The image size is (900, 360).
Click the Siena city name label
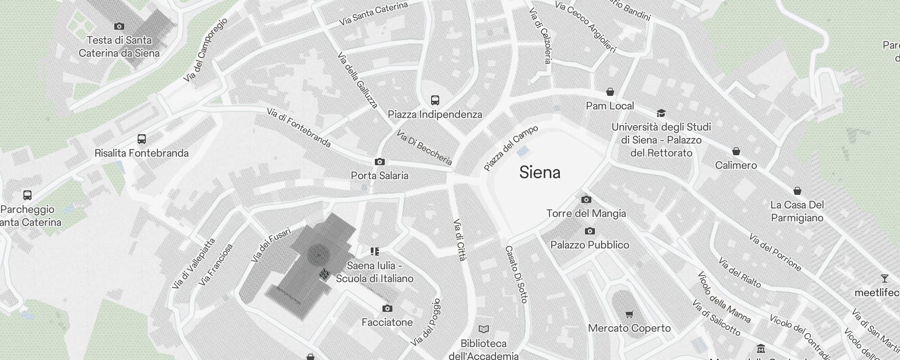540,172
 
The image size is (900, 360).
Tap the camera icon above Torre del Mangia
586,199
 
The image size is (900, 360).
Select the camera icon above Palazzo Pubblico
589,231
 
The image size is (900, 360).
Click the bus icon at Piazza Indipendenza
435,100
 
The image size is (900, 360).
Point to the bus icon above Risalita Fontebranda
141,139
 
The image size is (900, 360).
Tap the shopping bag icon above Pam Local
610,92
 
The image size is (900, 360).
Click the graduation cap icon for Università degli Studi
661,113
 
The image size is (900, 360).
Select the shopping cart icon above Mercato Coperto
629,315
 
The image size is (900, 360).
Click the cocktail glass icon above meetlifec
884,279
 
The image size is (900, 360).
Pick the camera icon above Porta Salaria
379,162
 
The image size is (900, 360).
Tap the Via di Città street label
459,240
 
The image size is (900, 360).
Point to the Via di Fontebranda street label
299,127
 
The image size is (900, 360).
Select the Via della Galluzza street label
357,81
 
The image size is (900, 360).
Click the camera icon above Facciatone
387,308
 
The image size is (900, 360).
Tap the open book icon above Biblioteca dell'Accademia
483,329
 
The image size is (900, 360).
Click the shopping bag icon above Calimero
736,151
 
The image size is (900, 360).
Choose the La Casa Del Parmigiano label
797,211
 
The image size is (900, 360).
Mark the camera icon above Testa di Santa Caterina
119,26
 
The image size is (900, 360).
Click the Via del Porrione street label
775,252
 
